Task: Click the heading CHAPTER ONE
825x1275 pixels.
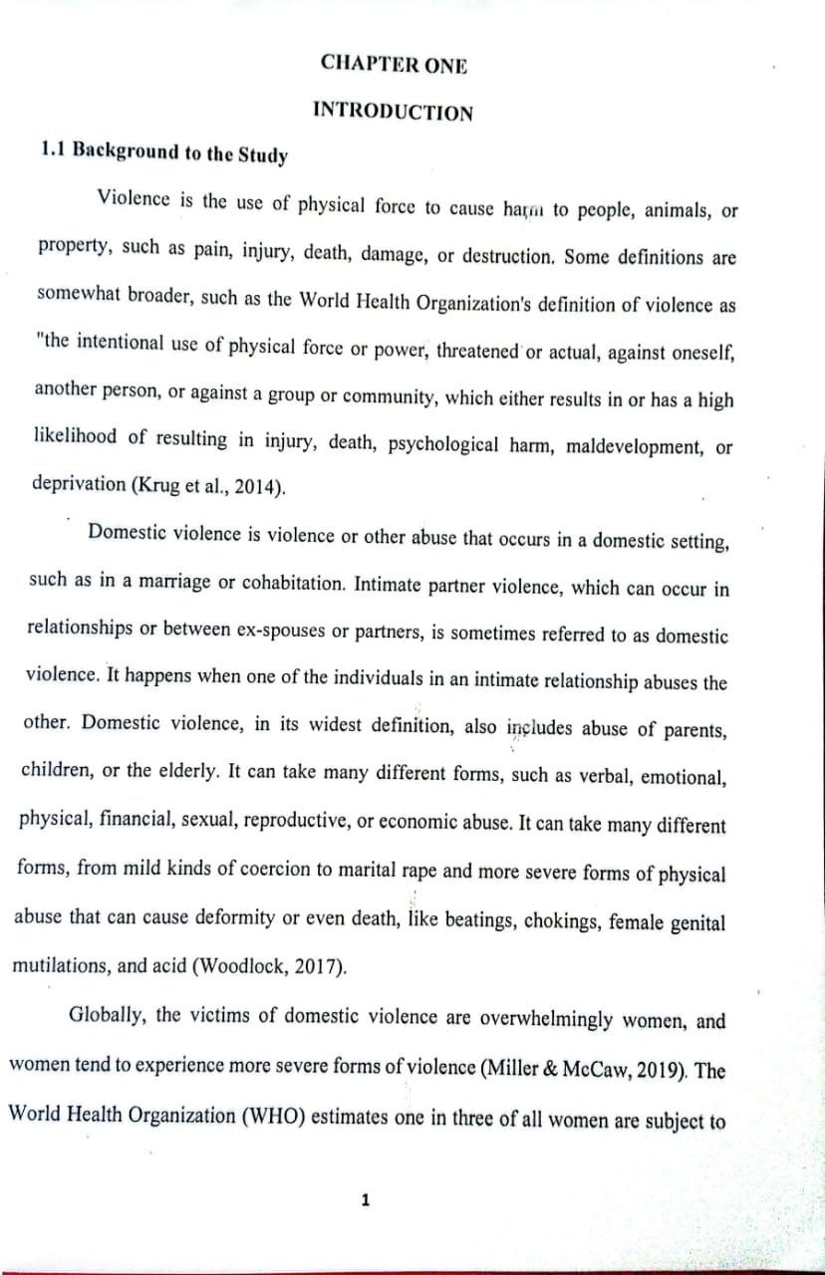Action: pyautogui.click(x=394, y=64)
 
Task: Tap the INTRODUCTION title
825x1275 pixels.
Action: pyautogui.click(x=393, y=111)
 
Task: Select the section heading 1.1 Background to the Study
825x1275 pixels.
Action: pyautogui.click(x=164, y=153)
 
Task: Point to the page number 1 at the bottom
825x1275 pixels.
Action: pyautogui.click(x=365, y=1200)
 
